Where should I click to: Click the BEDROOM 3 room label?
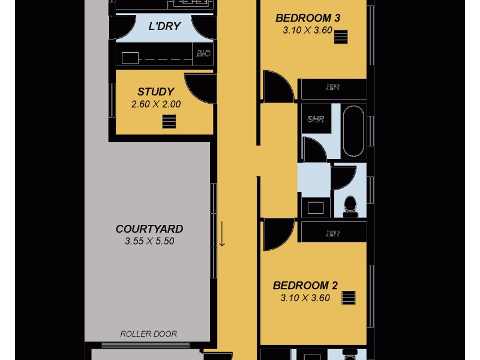[x=307, y=18]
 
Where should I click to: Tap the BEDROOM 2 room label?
[x=301, y=286]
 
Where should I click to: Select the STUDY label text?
[x=155, y=92]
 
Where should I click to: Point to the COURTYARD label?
[x=149, y=229]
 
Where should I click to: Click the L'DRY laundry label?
[x=164, y=26]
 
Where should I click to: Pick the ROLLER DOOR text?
[x=149, y=334]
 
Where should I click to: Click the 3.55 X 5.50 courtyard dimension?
[x=149, y=242]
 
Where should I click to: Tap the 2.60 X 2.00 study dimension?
[x=155, y=104]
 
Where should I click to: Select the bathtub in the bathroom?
[x=354, y=131]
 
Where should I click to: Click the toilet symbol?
[x=349, y=205]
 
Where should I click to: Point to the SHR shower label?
[x=316, y=119]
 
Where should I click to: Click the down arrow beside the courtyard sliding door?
[x=222, y=234]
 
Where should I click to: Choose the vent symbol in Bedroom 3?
[x=341, y=37]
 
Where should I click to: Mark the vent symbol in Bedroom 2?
[x=349, y=298]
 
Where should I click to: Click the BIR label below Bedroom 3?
[x=333, y=88]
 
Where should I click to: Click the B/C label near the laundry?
[x=203, y=54]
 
